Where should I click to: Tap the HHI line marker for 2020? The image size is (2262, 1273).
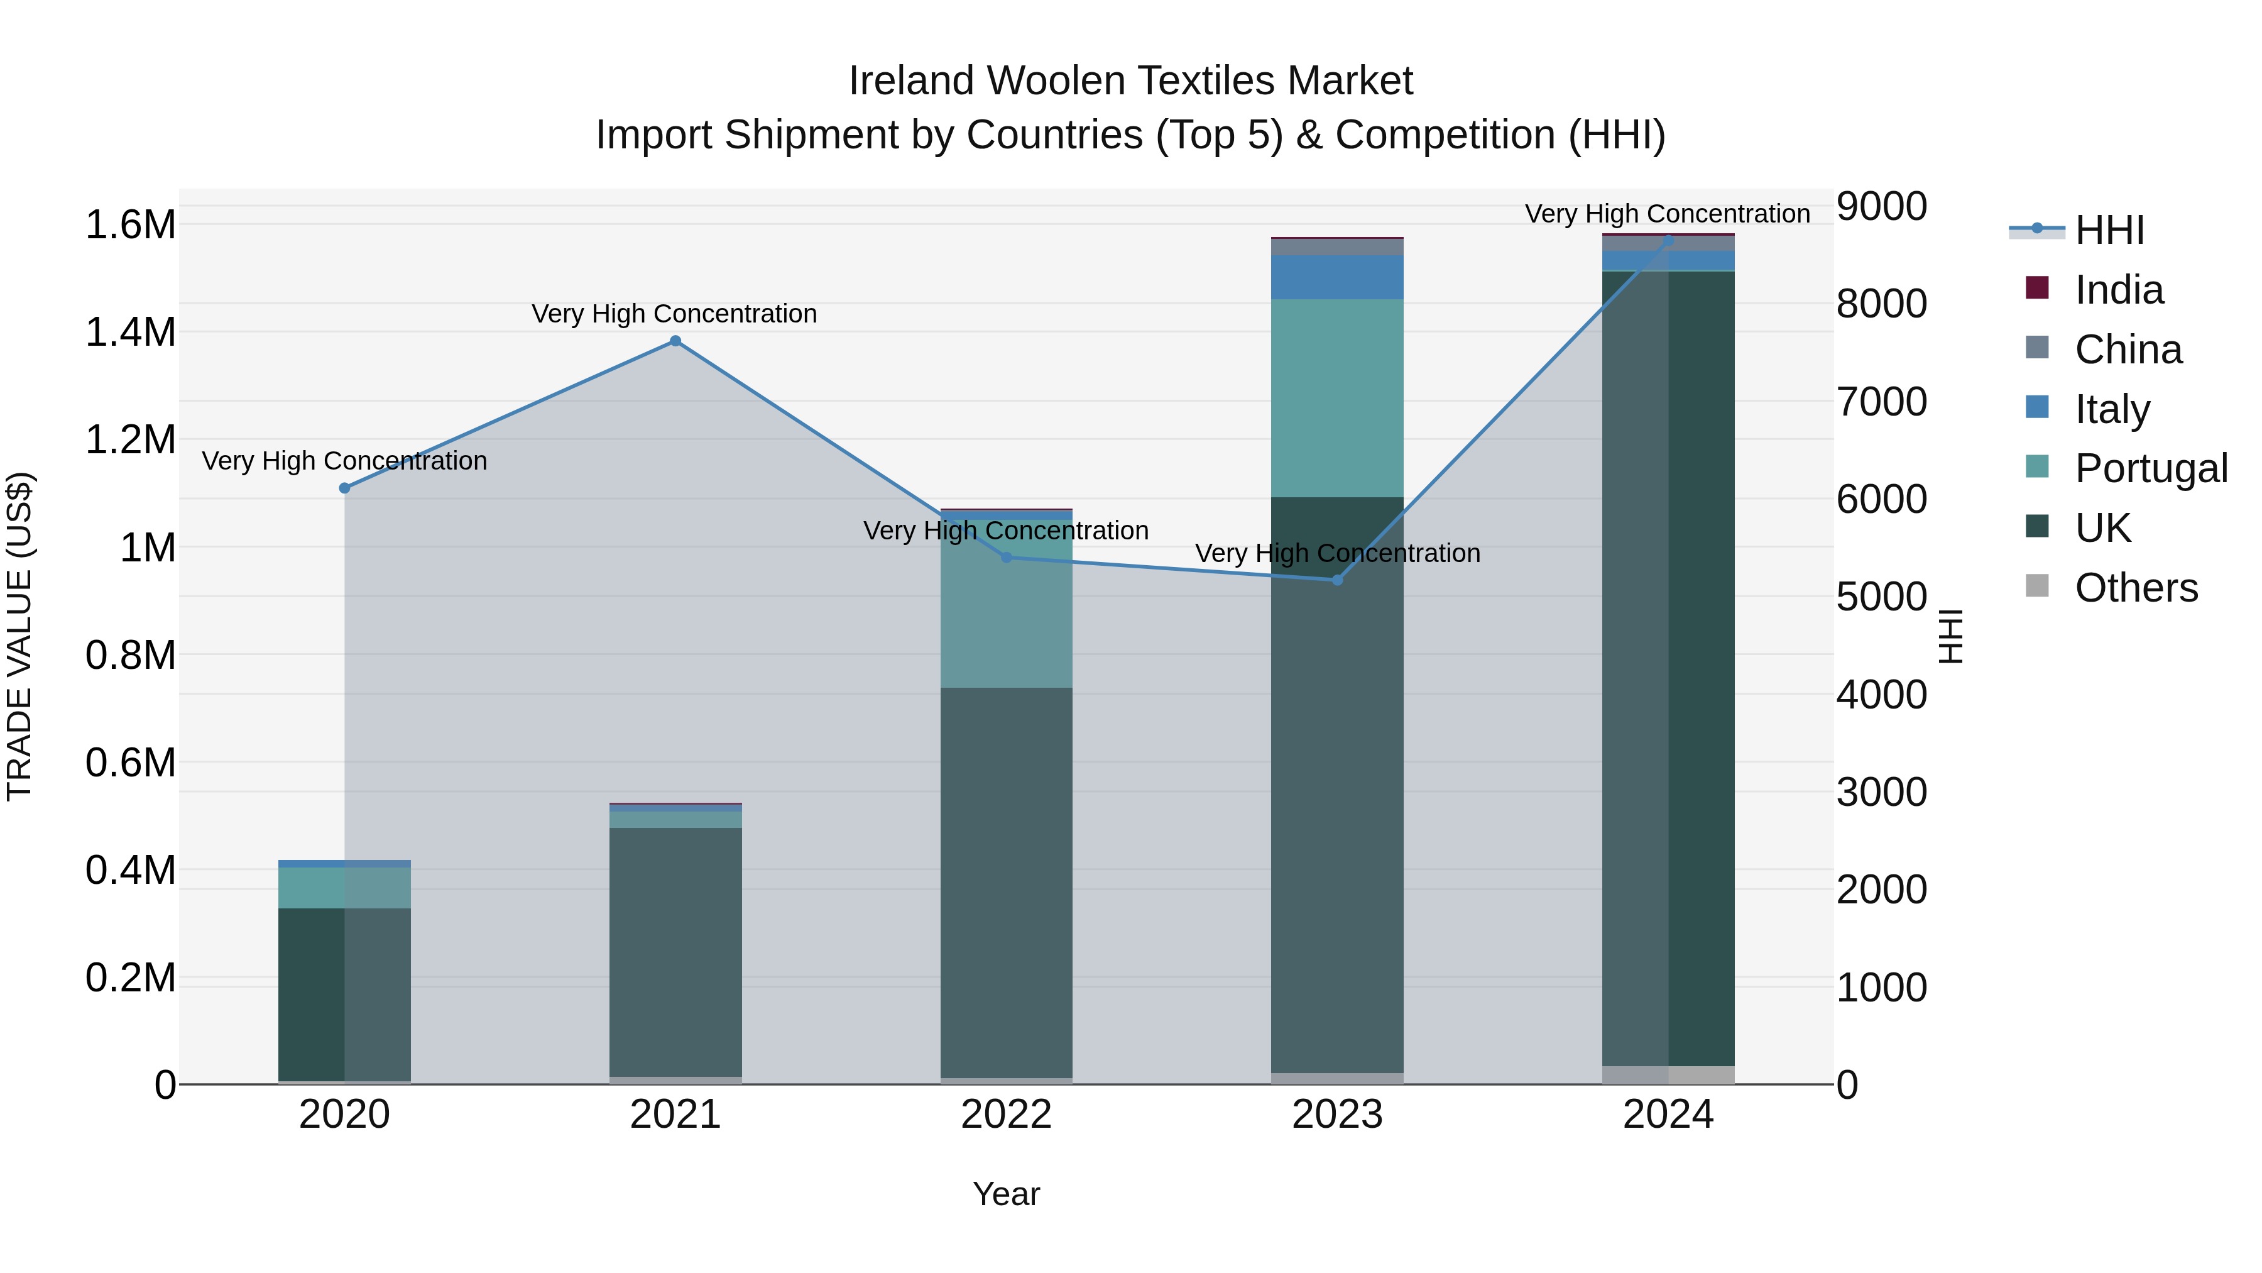point(344,488)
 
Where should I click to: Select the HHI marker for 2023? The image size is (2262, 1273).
point(1337,580)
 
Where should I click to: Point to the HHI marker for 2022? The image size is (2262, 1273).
point(1007,557)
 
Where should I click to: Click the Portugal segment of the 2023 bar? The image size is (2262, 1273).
point(1336,398)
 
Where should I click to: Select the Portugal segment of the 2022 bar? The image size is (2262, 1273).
point(1007,606)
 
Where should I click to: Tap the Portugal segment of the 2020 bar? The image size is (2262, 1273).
point(344,887)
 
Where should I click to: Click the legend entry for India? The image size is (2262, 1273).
point(2118,290)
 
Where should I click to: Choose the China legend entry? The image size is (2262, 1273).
point(2127,350)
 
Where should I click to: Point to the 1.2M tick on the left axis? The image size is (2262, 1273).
point(130,440)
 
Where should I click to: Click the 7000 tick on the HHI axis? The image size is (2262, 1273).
point(1881,402)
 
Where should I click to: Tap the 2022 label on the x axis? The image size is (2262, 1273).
point(1007,1115)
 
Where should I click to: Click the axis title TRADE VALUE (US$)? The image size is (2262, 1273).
point(20,636)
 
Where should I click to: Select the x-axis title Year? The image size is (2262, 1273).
point(1007,1194)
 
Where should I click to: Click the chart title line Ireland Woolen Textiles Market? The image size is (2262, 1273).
point(1130,81)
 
